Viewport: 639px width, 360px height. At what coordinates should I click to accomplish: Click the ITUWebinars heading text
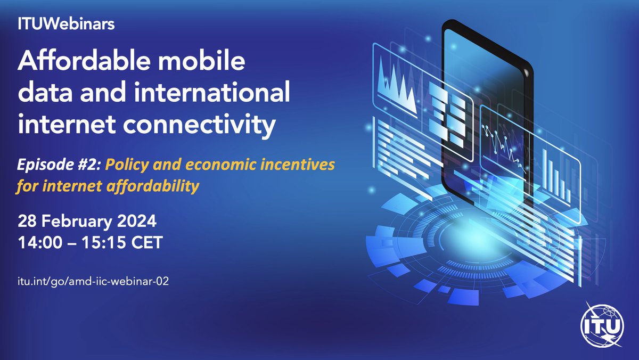tap(59, 24)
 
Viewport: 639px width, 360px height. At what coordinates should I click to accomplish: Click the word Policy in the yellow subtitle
tap(125, 166)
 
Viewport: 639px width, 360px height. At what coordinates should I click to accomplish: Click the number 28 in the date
tap(27, 220)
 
